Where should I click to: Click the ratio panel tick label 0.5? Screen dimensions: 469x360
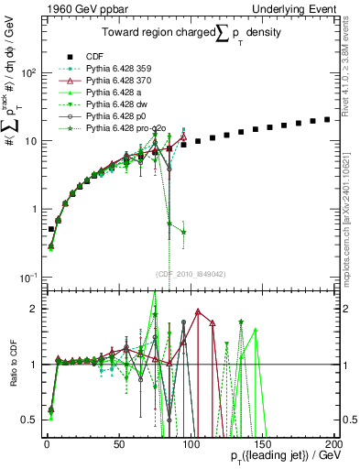pos(32,420)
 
